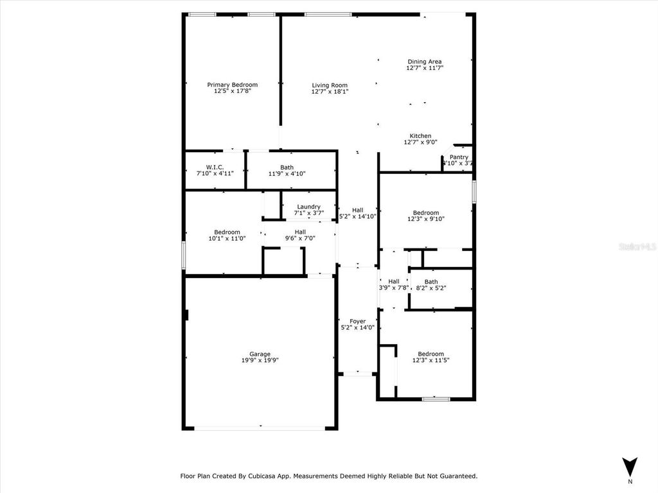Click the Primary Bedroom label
[232, 85]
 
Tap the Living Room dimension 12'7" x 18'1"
[330, 92]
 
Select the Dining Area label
[425, 62]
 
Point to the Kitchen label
[421, 135]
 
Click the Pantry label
[459, 157]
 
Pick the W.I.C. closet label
[215, 167]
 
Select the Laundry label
[308, 207]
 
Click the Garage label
[260, 354]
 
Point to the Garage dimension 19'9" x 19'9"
[260, 360]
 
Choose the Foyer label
[357, 321]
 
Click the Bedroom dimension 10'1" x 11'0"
[227, 238]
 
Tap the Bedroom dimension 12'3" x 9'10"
[426, 219]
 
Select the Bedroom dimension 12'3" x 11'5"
[431, 360]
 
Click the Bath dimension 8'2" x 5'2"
[431, 288]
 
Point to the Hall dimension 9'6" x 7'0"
[300, 238]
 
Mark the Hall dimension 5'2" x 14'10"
[357, 216]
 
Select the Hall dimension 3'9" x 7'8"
[394, 288]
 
